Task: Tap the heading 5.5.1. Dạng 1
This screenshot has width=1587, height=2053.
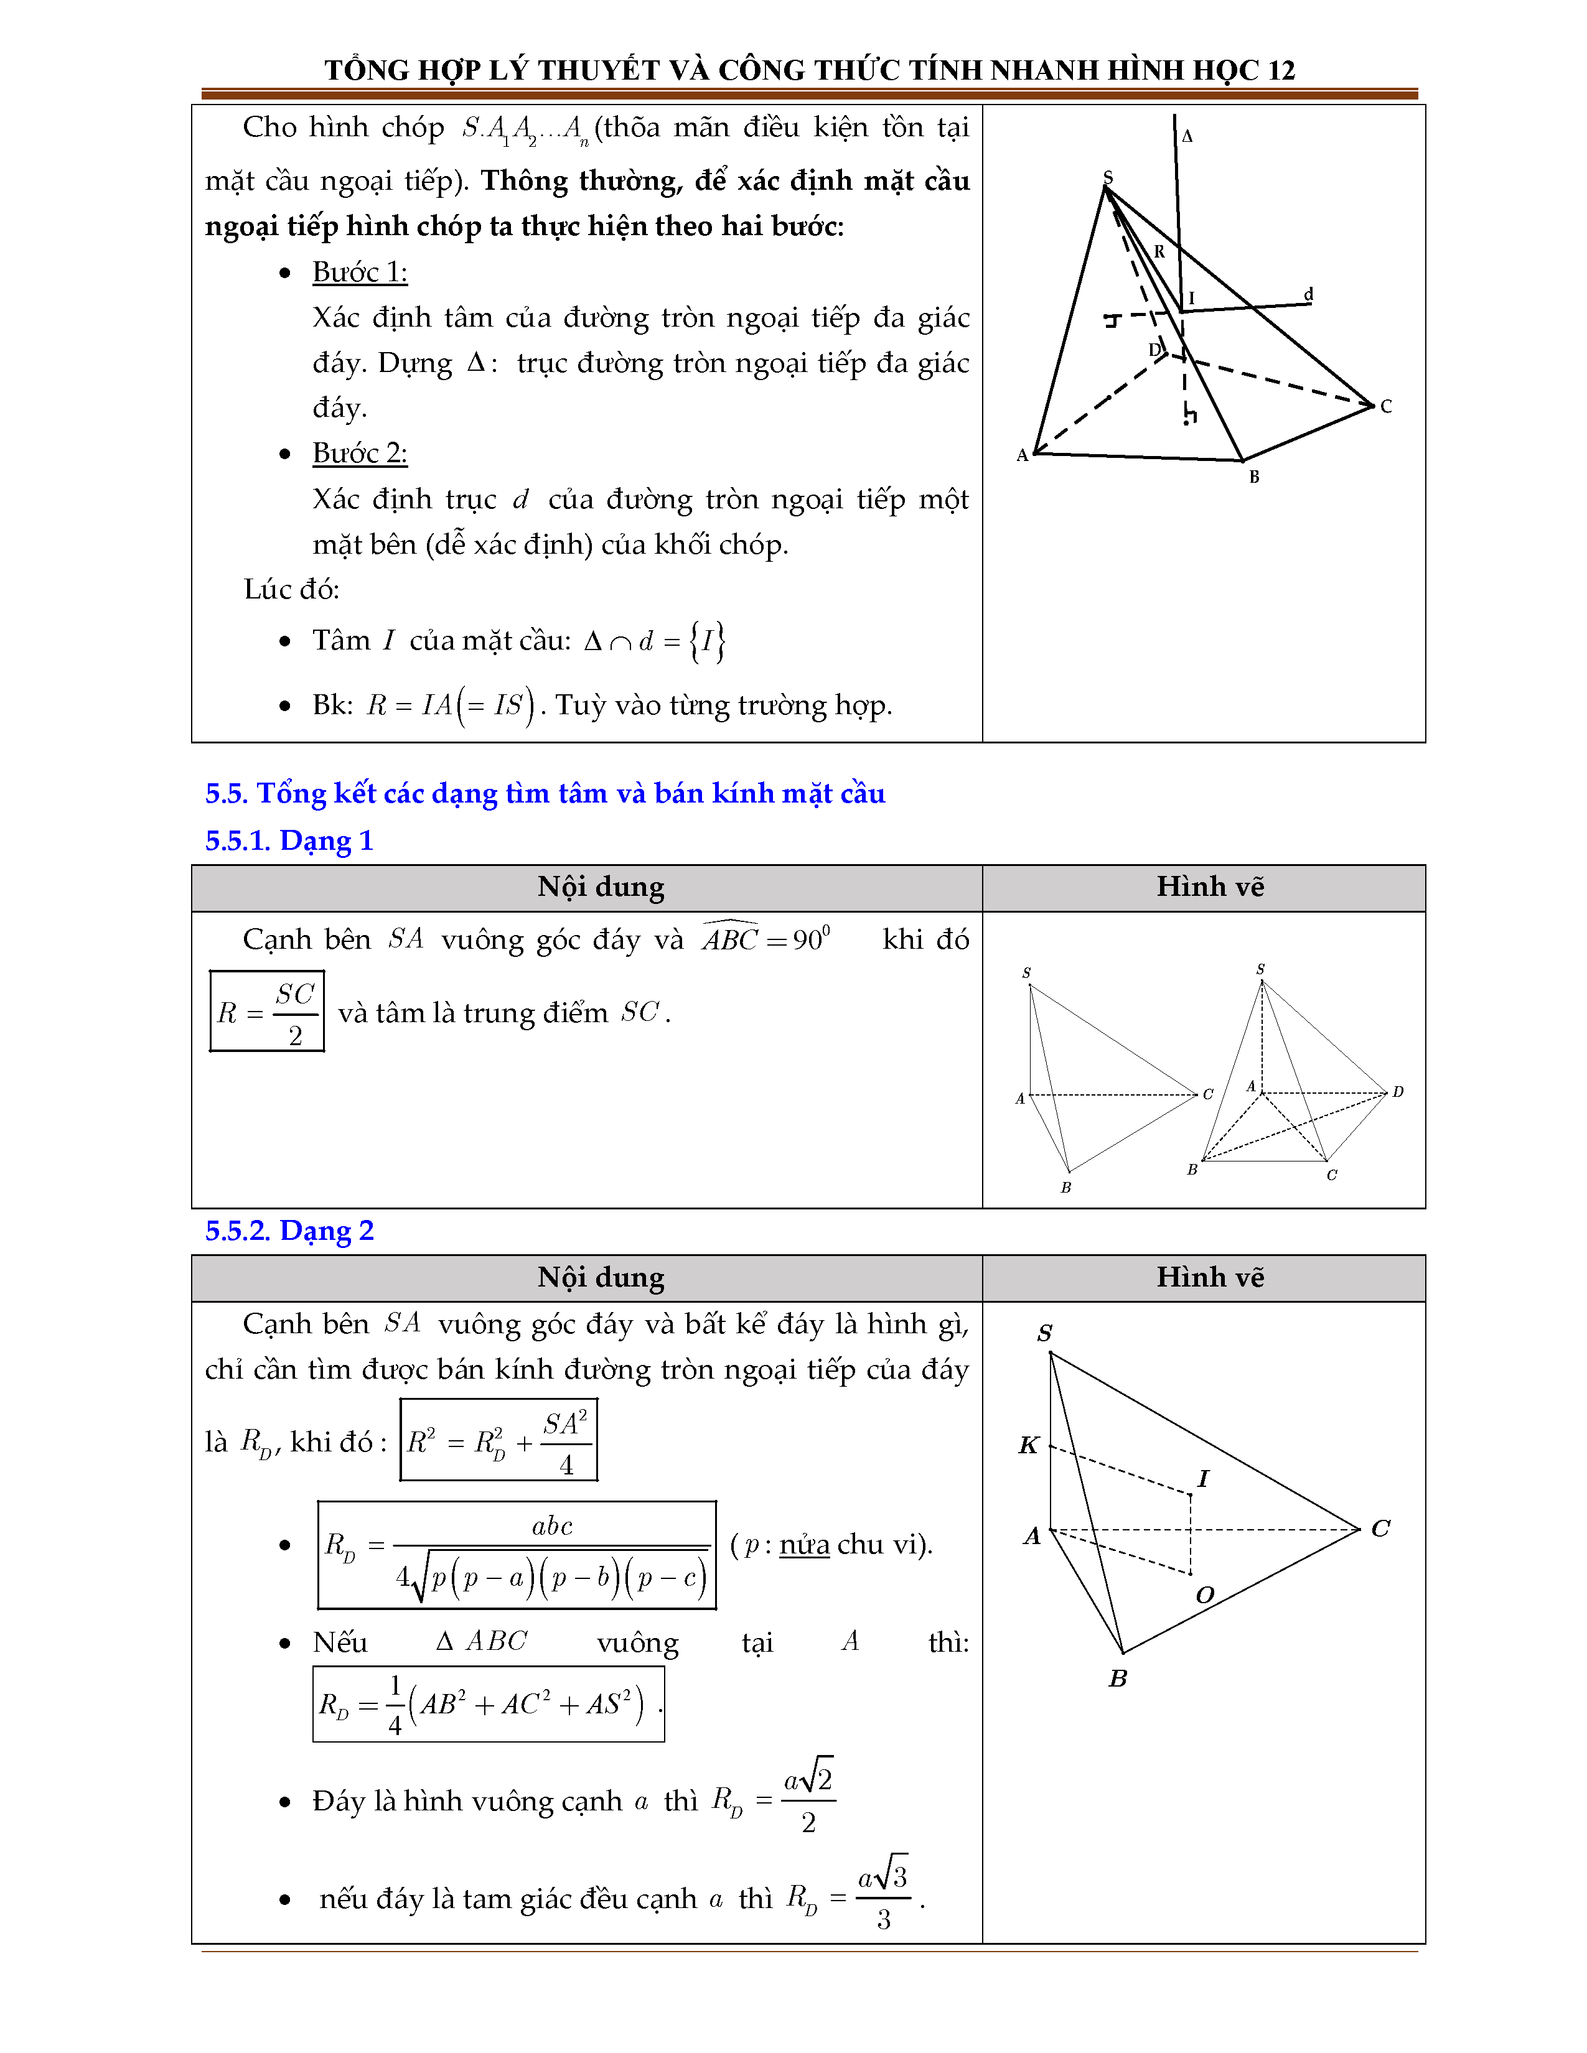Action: coord(289,840)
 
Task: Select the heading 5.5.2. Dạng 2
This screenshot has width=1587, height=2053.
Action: coord(289,1231)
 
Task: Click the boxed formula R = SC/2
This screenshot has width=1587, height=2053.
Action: coord(267,1012)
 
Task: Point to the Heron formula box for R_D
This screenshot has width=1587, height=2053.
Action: coord(517,1556)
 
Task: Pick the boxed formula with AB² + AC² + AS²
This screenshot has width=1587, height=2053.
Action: coord(488,1703)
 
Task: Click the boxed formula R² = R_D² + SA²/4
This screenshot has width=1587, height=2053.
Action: coord(499,1440)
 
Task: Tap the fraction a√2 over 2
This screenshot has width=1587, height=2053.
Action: coord(808,1799)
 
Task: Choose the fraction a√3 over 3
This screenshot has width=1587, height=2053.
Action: coord(883,1897)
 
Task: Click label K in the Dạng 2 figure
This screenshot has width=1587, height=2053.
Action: coord(1029,1445)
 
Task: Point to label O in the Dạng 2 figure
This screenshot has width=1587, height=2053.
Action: coord(1204,1595)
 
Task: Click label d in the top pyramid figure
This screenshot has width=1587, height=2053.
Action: coord(1308,294)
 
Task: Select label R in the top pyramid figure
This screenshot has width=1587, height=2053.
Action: coord(1159,252)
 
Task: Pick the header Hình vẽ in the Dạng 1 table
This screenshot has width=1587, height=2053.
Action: coord(1210,887)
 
